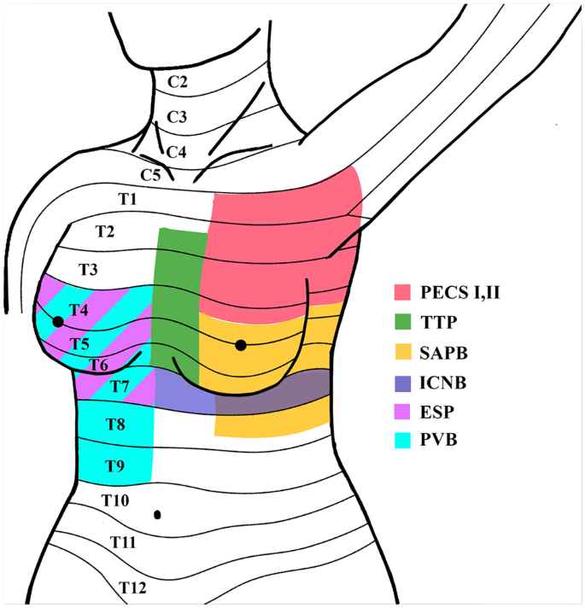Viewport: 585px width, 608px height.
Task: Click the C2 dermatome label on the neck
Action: [178, 83]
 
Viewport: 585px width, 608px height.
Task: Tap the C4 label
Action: [176, 152]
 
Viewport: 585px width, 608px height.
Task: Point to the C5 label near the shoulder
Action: [151, 175]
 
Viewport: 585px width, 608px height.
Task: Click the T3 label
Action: [88, 270]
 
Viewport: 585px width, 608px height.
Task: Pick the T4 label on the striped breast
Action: [79, 309]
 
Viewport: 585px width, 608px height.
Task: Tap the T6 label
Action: [98, 365]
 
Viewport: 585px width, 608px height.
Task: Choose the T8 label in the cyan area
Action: [115, 424]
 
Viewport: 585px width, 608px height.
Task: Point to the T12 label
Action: [130, 587]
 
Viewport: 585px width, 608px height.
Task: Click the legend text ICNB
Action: [445, 381]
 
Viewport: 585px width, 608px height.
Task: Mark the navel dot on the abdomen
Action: [158, 515]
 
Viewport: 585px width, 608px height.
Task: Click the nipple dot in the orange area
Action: [241, 345]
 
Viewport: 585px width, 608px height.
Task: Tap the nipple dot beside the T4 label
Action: [57, 322]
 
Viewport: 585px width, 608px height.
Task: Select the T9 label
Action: [115, 465]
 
